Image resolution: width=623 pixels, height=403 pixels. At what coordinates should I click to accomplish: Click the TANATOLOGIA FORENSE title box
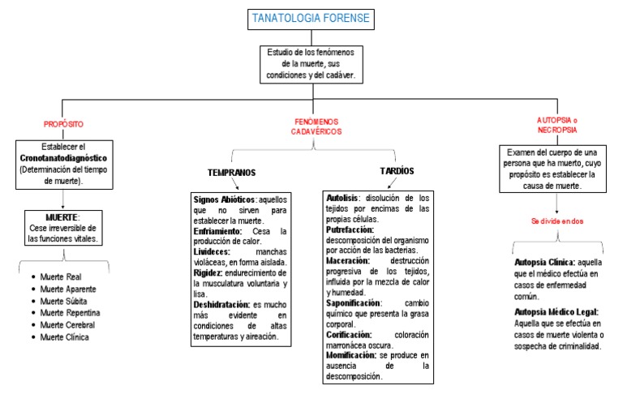[312, 19]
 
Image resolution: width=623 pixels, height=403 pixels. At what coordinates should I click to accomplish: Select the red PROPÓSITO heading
[62, 124]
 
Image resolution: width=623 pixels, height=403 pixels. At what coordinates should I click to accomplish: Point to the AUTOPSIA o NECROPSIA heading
[558, 124]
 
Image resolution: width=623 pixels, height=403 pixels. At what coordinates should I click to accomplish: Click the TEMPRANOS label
[231, 173]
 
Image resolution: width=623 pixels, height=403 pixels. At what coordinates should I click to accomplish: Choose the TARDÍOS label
[397, 171]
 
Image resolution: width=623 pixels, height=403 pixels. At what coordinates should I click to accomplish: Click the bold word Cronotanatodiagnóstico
[63, 157]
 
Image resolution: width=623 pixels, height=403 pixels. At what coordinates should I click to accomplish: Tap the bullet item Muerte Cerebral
[70, 325]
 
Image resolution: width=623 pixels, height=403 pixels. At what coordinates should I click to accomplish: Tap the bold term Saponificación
[353, 303]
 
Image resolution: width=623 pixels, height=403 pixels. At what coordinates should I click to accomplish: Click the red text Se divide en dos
[557, 221]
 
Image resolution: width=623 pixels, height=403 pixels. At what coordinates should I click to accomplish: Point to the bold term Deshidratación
[221, 303]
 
